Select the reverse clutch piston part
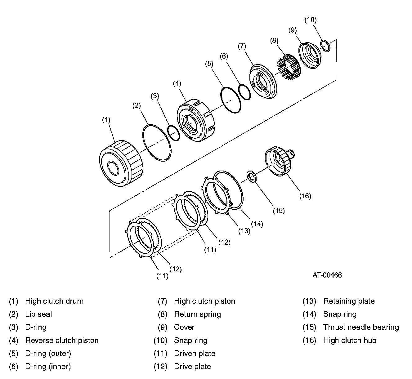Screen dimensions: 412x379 (x=195, y=120)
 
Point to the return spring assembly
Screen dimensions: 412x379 (x=289, y=67)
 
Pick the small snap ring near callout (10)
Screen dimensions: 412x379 (x=325, y=46)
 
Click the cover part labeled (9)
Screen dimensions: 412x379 (x=309, y=56)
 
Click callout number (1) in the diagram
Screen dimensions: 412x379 (x=106, y=120)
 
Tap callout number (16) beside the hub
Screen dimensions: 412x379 (x=305, y=196)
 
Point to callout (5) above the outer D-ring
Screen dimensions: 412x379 (x=209, y=64)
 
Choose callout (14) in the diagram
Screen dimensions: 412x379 (x=257, y=224)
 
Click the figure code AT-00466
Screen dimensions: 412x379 (x=327, y=275)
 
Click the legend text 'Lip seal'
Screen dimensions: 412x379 (x=38, y=314)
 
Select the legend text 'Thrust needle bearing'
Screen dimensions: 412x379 (x=361, y=327)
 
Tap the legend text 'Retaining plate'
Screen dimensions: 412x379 (x=349, y=301)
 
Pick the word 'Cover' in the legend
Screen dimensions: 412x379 (x=184, y=327)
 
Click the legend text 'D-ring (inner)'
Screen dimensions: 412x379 (x=48, y=367)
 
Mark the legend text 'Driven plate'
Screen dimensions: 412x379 (x=195, y=353)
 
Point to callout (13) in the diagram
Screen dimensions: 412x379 (x=244, y=231)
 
